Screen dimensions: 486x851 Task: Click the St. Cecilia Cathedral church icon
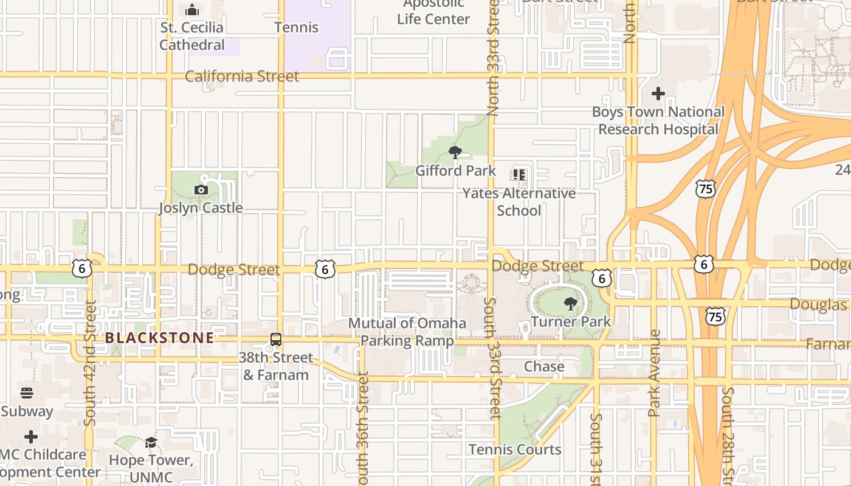(192, 10)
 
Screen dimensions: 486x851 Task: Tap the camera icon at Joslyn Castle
(201, 190)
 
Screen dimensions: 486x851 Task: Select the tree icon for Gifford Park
(455, 152)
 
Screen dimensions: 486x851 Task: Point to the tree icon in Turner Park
(570, 303)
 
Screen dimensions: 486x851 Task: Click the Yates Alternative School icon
(519, 175)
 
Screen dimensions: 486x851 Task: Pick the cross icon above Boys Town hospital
(658, 94)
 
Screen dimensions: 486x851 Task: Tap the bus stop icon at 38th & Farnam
(275, 340)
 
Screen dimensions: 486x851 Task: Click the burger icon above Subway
(26, 393)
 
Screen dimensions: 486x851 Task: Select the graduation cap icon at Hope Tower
(151, 442)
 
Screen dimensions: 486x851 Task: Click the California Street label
(242, 77)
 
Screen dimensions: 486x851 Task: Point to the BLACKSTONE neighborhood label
(159, 338)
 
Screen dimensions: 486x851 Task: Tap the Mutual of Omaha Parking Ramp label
(407, 332)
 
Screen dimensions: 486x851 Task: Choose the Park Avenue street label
(654, 373)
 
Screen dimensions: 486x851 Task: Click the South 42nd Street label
(90, 363)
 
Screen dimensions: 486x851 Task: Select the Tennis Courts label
(515, 450)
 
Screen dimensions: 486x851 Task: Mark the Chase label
(544, 367)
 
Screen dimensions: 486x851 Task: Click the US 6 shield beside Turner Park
(602, 278)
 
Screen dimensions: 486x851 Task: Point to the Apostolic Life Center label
(433, 12)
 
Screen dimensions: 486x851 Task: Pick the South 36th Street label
(363, 431)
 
